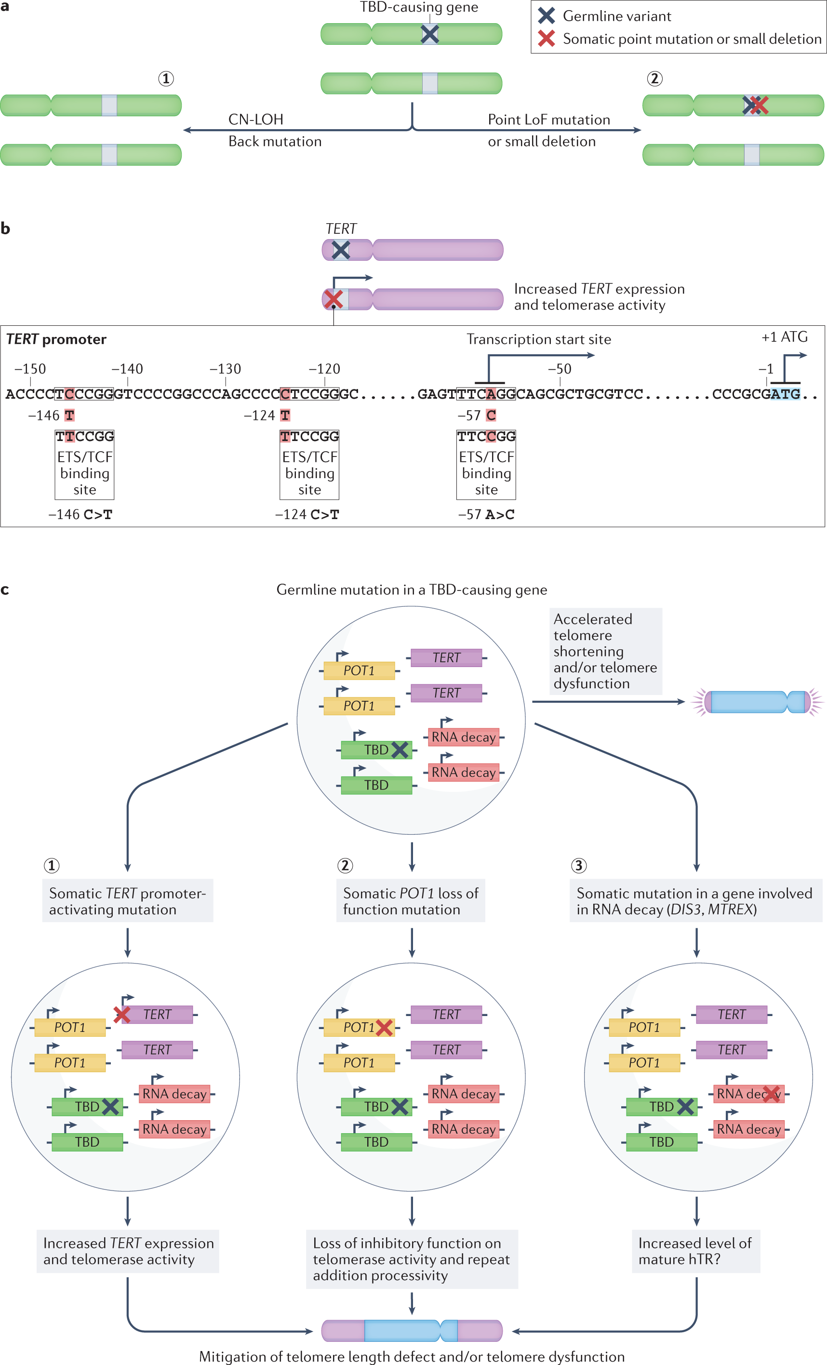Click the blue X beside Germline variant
point(546,15)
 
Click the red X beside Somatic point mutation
point(546,38)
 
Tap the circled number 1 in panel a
point(166,79)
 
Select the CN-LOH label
point(255,120)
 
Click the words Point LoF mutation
point(548,120)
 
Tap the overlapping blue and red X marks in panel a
point(755,105)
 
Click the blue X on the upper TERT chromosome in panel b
point(341,250)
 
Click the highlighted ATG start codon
point(785,394)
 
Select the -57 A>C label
point(486,515)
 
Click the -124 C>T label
point(307,515)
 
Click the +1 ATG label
point(784,337)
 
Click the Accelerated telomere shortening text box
point(605,651)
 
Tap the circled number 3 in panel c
point(578,865)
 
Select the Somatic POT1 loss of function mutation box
point(410,901)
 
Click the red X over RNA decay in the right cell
point(771,1094)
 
